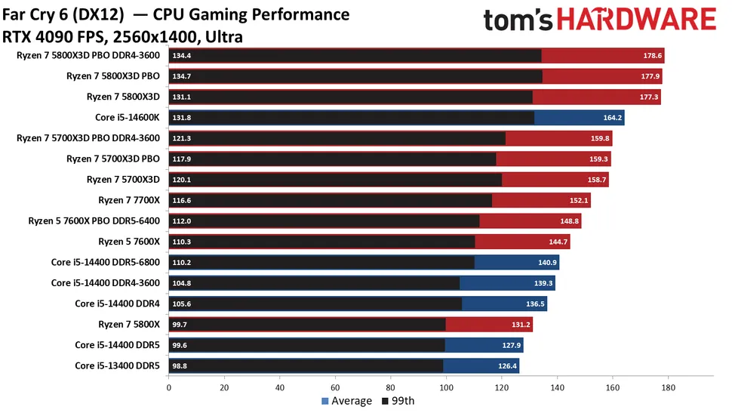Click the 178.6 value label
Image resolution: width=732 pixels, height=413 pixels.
coord(653,55)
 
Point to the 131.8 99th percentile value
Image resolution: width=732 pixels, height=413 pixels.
coord(182,117)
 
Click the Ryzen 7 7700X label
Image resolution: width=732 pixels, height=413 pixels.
coord(129,200)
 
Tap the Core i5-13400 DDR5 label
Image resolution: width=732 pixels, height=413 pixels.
coord(117,365)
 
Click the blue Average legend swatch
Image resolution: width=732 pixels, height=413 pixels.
coord(326,401)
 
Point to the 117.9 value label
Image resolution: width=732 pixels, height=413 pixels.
coord(182,159)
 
